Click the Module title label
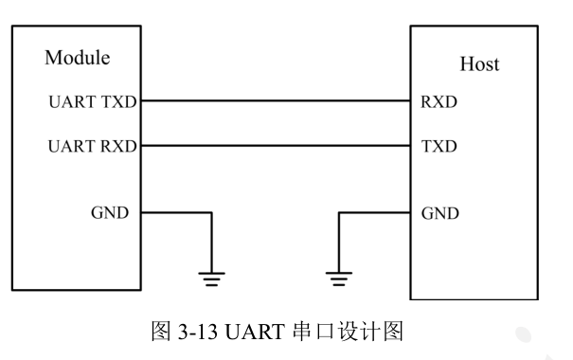78,58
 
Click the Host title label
479,64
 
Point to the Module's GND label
110,212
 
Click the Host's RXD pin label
439,101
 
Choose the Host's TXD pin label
439,147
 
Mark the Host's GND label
440,213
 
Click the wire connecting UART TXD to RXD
275,100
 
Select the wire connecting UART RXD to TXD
275,147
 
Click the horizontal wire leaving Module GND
175,212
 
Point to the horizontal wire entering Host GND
374,212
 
